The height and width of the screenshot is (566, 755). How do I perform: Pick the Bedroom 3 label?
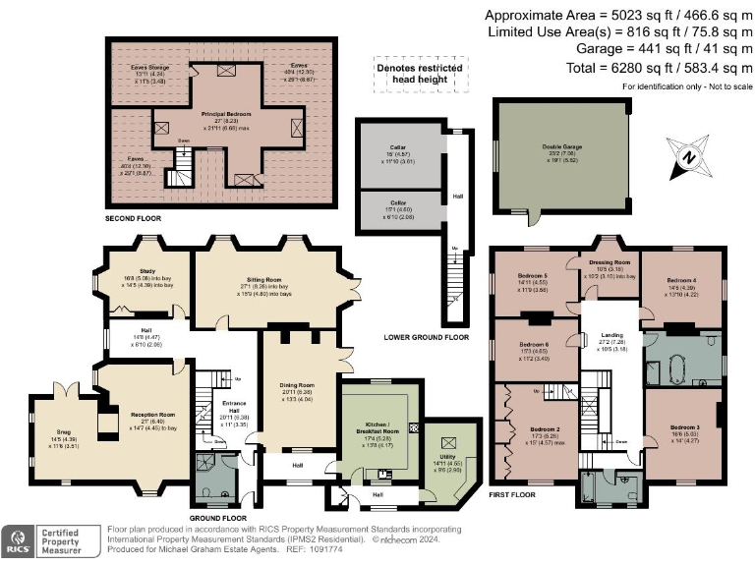pos(684,428)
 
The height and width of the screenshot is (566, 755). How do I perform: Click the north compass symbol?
pos(691,158)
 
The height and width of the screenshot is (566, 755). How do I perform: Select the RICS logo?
pos(17,538)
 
